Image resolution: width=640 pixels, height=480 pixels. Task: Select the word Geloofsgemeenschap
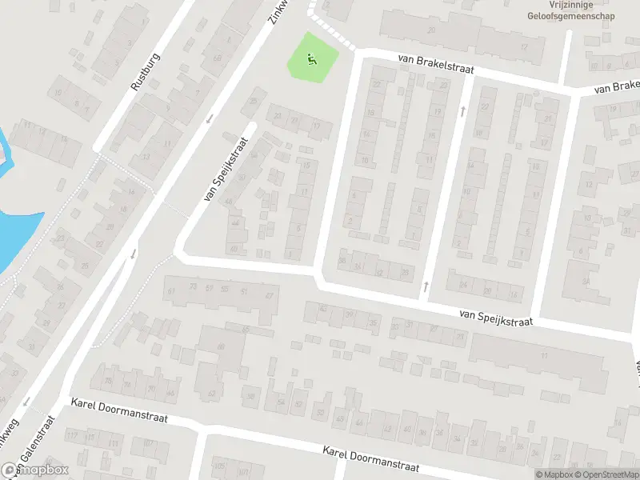coord(565,15)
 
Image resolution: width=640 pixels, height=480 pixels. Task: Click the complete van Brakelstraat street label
coord(436,65)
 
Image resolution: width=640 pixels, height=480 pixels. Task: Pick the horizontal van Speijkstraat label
coord(496,317)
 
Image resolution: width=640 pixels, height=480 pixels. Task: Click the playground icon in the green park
coord(311,58)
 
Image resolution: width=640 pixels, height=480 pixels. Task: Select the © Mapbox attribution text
coord(554,475)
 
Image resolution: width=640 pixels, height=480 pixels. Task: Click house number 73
coord(192,286)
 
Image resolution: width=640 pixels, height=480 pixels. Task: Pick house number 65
coord(246,329)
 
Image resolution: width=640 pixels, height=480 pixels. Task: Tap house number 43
coord(360,422)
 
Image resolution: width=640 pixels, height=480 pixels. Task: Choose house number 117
coord(74,435)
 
